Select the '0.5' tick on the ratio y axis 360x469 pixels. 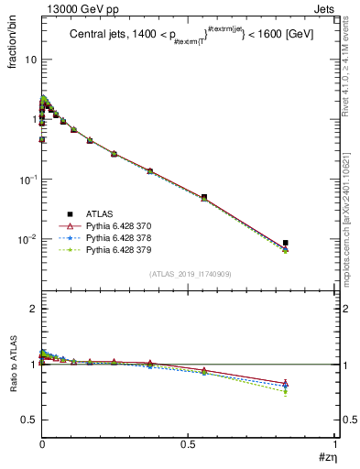(x=29, y=420)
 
